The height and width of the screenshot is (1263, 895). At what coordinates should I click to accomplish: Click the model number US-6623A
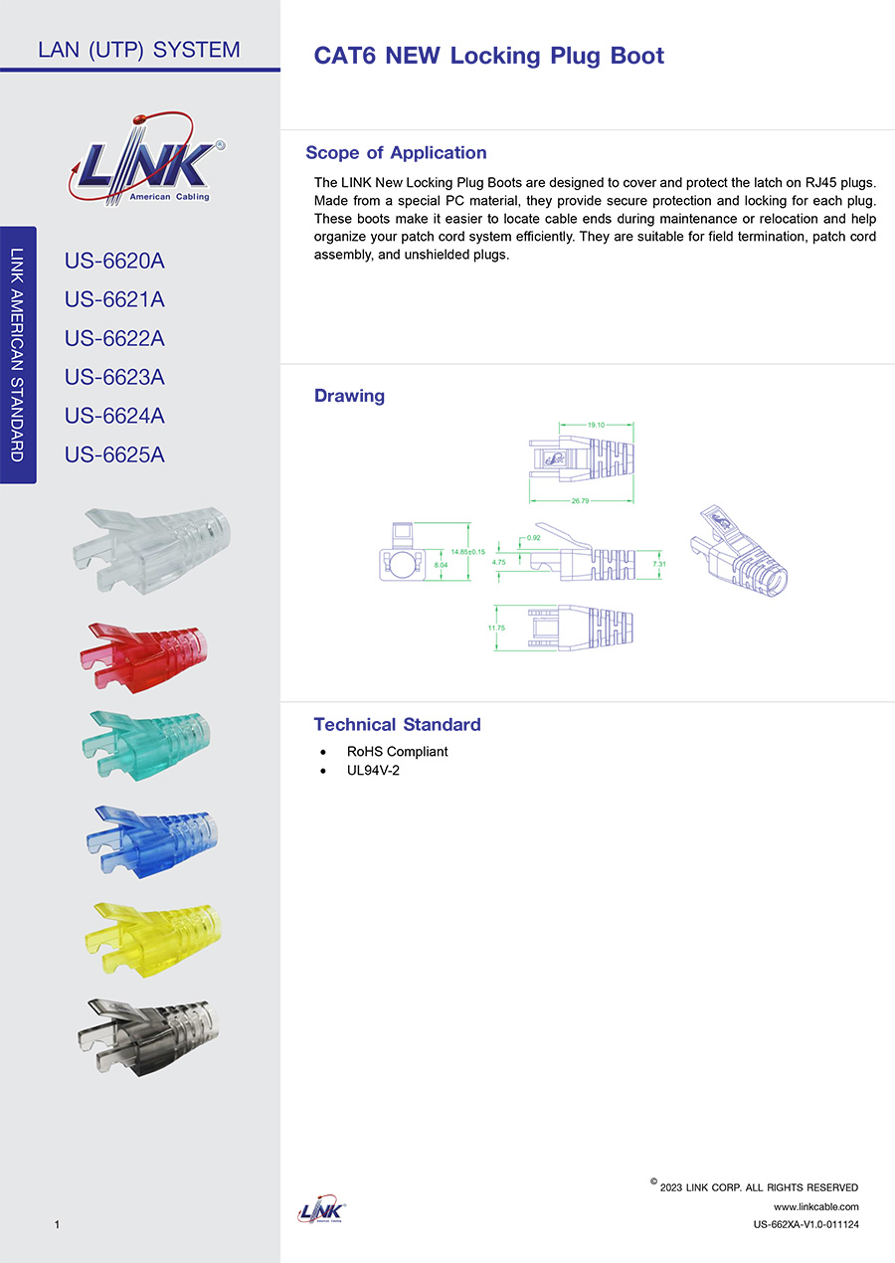click(x=114, y=378)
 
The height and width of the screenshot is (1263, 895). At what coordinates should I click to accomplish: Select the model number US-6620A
click(x=114, y=262)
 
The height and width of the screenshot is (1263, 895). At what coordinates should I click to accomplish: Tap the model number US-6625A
click(x=114, y=455)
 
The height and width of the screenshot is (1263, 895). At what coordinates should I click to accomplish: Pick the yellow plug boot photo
click(x=149, y=936)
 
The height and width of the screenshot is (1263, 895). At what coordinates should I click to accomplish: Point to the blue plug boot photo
click(x=149, y=840)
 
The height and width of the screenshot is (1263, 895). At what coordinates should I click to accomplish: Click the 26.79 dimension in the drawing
click(x=580, y=501)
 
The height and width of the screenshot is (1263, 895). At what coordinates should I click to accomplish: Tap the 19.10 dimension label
click(x=596, y=425)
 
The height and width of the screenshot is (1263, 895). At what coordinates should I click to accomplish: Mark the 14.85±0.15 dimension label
click(x=467, y=552)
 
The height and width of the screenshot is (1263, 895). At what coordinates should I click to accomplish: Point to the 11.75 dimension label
click(x=496, y=629)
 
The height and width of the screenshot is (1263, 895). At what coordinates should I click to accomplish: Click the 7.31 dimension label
click(x=658, y=564)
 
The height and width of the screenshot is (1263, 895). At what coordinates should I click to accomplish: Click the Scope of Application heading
click(x=396, y=153)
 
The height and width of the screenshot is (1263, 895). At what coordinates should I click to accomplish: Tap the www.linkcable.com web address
click(x=815, y=1206)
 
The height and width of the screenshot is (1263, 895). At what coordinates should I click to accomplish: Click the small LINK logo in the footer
click(x=321, y=1211)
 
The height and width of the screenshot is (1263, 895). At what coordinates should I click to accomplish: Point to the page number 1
click(x=59, y=1224)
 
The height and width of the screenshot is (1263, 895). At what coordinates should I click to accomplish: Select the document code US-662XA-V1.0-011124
click(x=805, y=1224)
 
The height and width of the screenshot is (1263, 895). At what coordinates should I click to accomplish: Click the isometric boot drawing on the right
click(x=738, y=553)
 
